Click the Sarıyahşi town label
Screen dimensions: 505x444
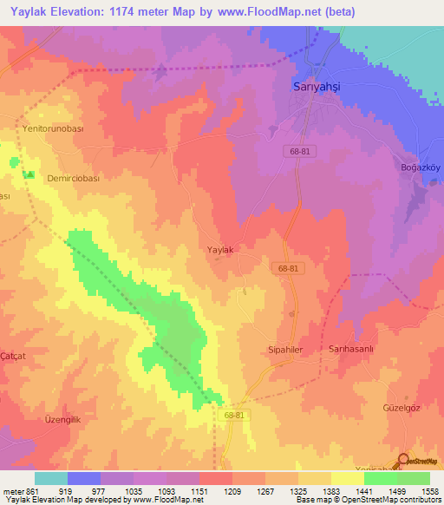tap(316, 87)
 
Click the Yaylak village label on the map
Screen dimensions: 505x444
tap(220, 250)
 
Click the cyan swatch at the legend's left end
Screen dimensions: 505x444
tap(50, 478)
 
